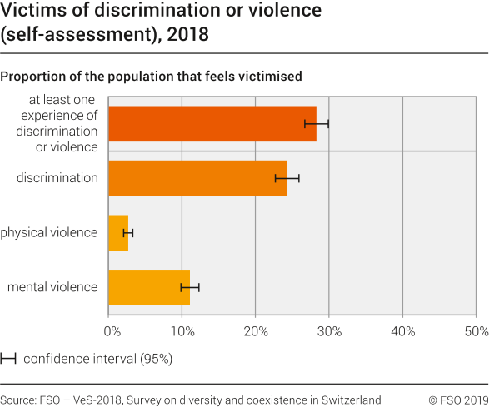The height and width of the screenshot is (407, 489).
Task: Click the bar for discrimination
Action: point(197,178)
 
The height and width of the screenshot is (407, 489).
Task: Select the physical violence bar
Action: point(118,233)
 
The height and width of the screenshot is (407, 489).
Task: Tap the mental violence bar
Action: point(149,287)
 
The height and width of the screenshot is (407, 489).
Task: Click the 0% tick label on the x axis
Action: point(112,331)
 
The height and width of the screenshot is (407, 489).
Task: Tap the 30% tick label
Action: point(329,331)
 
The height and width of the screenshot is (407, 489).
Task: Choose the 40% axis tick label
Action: point(402,331)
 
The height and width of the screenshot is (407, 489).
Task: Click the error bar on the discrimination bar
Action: point(287,178)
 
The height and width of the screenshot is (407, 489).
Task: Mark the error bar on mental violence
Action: point(190,287)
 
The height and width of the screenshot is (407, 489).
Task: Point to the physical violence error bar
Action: point(127,233)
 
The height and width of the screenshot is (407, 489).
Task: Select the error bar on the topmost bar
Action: point(317,123)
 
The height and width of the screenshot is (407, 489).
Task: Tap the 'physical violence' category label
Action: point(49,233)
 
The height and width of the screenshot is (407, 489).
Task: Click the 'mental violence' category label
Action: point(52,287)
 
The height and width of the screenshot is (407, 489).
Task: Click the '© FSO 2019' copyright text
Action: point(457,400)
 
